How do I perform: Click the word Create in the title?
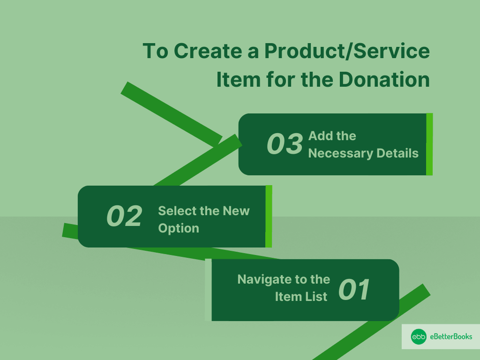point(208,51)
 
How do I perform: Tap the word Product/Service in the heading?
point(347,51)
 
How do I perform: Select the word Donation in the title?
point(384,80)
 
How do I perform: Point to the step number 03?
point(285,144)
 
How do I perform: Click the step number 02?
point(124,216)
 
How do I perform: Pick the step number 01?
point(354,290)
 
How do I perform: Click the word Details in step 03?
point(397,153)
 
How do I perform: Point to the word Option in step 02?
point(179,229)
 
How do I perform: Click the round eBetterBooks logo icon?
point(419,337)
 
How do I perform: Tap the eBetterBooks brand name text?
point(451,337)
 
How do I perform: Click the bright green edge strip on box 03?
point(429,144)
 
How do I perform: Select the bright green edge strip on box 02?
point(269,217)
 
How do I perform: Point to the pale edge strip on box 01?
point(208,290)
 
